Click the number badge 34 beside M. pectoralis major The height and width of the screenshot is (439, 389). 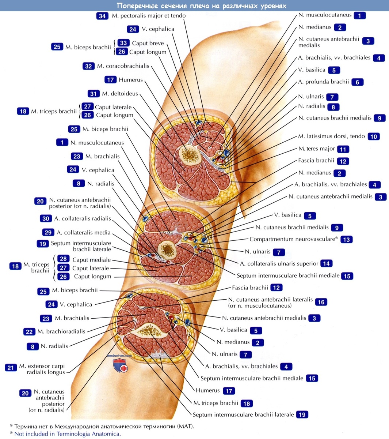pos(102,16)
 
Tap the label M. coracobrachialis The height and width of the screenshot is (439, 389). pos(123,66)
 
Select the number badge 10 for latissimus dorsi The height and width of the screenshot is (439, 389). pos(373,136)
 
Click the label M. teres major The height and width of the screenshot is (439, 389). pos(316,149)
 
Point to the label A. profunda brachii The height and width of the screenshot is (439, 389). pos(323,82)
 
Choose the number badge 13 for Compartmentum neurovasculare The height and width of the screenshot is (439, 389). pos(346,240)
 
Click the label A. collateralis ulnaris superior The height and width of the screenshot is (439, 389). pos(279,263)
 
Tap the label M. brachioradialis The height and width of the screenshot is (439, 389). pos(61,331)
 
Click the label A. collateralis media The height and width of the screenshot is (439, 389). pos(83,233)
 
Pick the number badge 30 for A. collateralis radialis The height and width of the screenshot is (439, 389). pos(46,218)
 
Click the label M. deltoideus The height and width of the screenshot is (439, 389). pos(120,94)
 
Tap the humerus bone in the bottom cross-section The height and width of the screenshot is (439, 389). pos(146,331)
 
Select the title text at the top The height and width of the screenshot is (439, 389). pos(201,6)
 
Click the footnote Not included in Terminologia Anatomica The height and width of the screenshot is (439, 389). pos(67,434)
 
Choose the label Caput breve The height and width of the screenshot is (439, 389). pos(148,43)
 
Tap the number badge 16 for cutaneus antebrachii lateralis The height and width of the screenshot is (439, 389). pos(321,302)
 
